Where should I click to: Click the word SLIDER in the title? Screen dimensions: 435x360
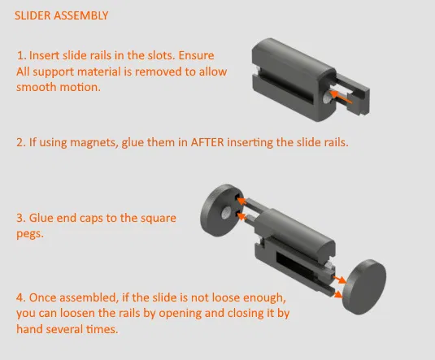point(33,15)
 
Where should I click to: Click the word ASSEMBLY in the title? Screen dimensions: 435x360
point(81,15)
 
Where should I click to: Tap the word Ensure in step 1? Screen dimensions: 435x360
point(196,55)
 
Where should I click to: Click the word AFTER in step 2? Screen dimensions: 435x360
point(207,142)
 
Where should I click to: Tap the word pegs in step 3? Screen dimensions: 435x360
point(30,234)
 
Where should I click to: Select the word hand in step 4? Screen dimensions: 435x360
point(30,329)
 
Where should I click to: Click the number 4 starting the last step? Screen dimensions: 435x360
point(20,297)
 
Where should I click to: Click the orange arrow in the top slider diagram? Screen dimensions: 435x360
point(341,97)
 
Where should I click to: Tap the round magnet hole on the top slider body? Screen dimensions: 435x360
point(328,98)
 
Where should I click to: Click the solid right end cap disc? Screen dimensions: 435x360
point(364,287)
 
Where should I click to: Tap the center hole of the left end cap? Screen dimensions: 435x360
point(226,213)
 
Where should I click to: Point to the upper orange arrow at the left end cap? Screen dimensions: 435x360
point(242,201)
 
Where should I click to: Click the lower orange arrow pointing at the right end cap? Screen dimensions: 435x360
point(337,294)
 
